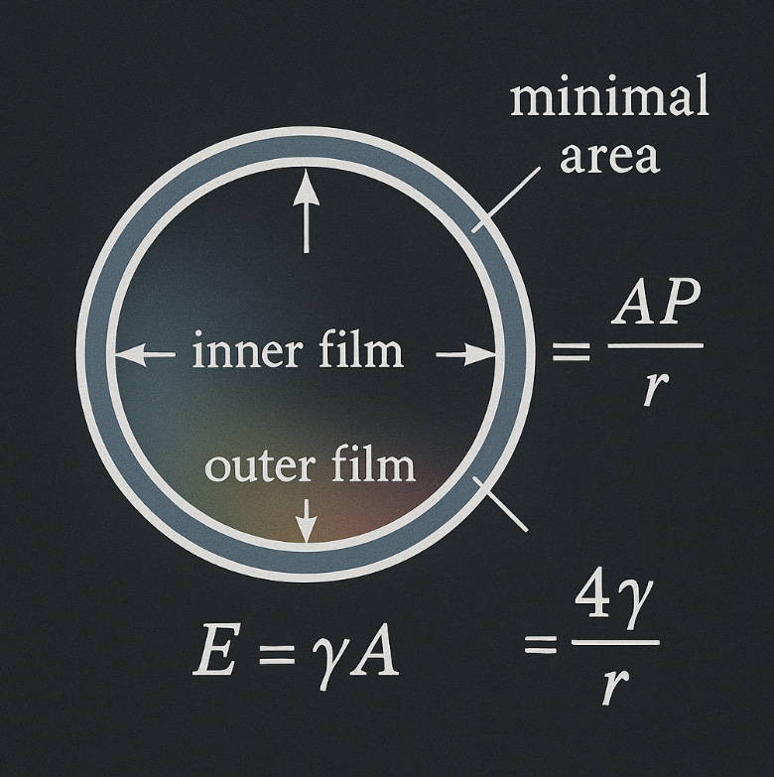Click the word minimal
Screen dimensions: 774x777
[609, 99]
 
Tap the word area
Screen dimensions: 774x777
[608, 156]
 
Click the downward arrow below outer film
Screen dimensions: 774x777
[307, 519]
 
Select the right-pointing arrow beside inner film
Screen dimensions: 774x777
[465, 353]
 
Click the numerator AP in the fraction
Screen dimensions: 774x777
[657, 311]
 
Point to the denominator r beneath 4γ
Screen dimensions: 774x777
[613, 684]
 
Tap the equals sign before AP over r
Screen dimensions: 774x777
[570, 350]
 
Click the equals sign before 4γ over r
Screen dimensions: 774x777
[542, 645]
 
